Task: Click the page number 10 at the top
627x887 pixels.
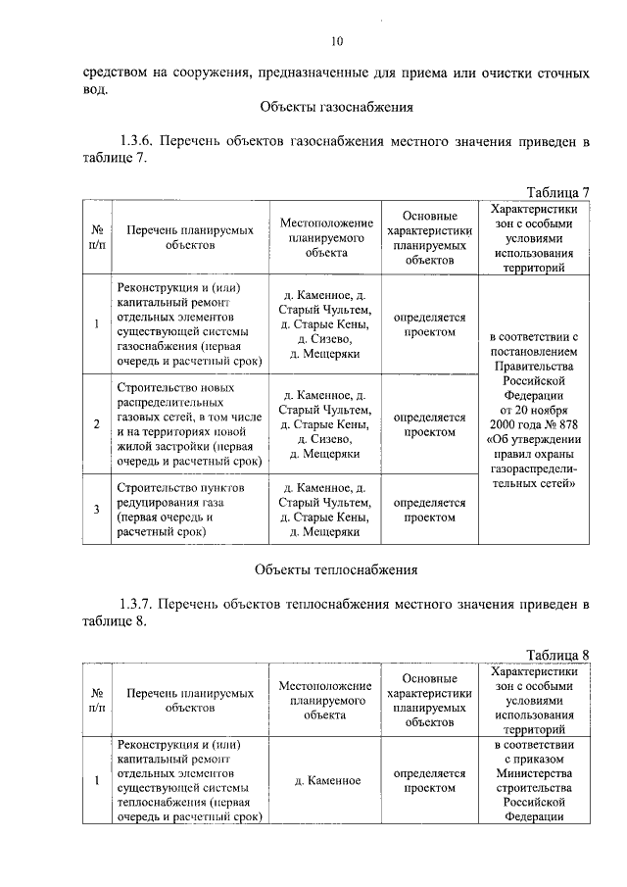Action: [337, 41]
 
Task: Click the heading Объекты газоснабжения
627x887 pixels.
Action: [336, 107]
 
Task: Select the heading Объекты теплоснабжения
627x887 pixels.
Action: [336, 568]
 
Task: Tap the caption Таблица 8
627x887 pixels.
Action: [557, 655]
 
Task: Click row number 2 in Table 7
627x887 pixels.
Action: [96, 423]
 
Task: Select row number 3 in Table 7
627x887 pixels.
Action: [96, 509]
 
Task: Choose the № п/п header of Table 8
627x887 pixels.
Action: [96, 700]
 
